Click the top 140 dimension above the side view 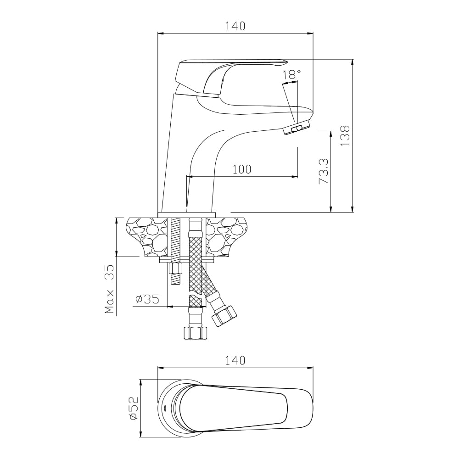click(x=235, y=26)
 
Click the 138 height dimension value click(x=345, y=136)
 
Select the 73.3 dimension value click(x=324, y=171)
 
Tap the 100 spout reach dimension click(x=242, y=169)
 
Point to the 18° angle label click(x=291, y=75)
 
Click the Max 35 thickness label click(x=110, y=289)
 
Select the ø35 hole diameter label click(x=147, y=299)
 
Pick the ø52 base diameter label click(x=134, y=409)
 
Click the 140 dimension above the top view click(x=235, y=360)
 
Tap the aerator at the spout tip click(x=297, y=128)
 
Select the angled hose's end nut click(x=224, y=316)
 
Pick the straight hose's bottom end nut click(x=195, y=333)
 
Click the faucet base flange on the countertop click(x=187, y=214)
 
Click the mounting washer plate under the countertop click(x=186, y=260)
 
